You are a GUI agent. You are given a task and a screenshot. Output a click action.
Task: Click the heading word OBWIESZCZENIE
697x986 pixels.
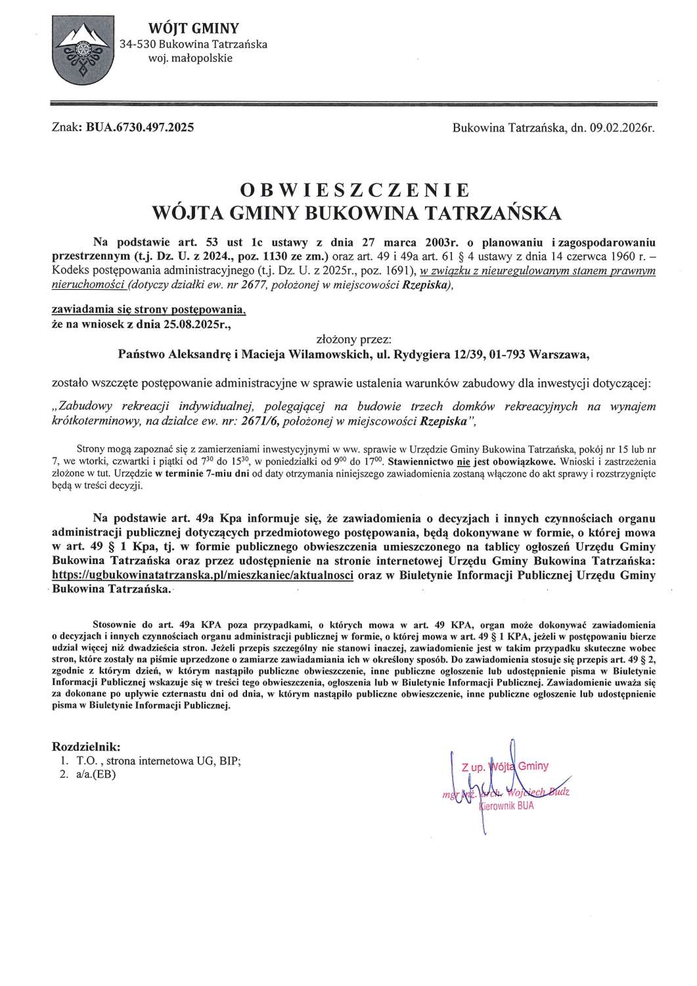coord(355,191)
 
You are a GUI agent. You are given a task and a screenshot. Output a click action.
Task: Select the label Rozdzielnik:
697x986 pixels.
coord(86,747)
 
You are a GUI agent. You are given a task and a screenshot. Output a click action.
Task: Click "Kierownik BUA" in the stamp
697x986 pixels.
coord(506,806)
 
